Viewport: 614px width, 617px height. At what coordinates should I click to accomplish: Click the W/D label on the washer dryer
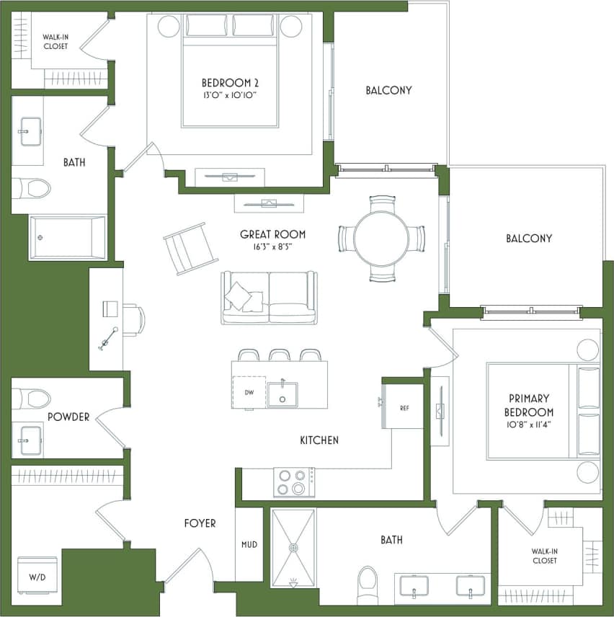coord(36,577)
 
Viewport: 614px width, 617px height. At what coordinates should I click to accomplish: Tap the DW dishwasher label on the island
coord(249,393)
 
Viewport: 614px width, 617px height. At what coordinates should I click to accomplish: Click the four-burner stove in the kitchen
coord(293,482)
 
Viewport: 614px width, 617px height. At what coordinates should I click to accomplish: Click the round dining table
coord(381,239)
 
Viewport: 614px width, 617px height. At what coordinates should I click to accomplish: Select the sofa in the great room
coord(269,298)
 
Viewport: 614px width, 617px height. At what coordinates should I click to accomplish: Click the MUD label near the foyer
coord(249,545)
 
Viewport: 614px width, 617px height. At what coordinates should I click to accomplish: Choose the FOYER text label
coord(200,523)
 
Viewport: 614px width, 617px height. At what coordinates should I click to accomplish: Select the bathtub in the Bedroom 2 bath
coord(67,237)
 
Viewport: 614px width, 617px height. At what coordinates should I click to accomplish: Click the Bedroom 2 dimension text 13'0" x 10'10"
coord(230,95)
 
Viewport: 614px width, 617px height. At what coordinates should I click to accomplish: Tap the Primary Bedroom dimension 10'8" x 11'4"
coord(529,425)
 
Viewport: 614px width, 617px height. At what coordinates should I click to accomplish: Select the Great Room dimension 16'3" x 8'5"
coord(272,247)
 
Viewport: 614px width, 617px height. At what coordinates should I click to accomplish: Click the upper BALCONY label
coord(388,90)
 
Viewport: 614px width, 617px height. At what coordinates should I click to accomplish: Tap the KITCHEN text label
coord(319,440)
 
